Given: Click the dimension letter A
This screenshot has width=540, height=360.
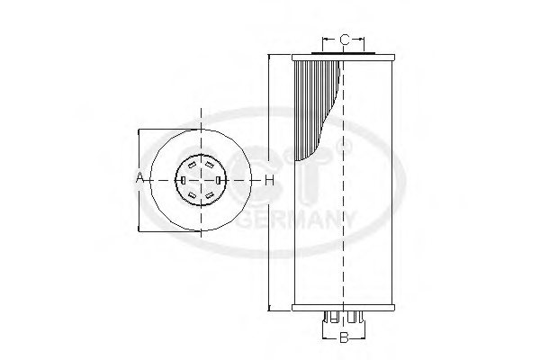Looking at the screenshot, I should pos(139,180).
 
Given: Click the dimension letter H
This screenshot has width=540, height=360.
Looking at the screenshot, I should pos(268,180).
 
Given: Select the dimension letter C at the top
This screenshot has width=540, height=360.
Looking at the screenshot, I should pos(344,39).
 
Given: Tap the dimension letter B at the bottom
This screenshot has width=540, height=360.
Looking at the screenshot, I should pos(343,338).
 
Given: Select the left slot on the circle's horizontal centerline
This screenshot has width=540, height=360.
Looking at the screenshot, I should pos(183,180).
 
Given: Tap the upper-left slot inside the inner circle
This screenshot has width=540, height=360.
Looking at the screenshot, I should pos(192,166).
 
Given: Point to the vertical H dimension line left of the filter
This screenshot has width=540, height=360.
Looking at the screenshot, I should pos(268,108).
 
